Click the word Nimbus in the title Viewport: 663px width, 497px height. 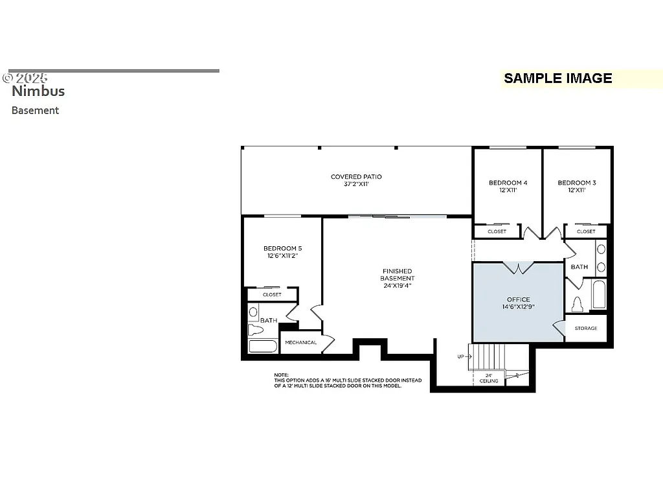pos(38,91)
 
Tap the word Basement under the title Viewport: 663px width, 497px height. pos(35,110)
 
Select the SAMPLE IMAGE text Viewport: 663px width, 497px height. pos(557,78)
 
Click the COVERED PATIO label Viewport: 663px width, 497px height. pos(356,177)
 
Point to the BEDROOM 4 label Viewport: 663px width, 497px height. pos(508,183)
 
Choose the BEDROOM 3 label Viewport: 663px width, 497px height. pos(577,183)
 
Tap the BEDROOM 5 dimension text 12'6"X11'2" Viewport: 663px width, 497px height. pos(282,256)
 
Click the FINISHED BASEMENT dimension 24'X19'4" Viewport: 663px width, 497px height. pos(397,286)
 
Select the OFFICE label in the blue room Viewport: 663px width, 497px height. pos(518,299)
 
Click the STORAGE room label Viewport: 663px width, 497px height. pos(586,329)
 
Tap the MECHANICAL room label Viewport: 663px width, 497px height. pos(301,342)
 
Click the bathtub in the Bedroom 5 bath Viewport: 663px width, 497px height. pos(263,345)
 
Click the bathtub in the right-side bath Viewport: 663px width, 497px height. pos(599,295)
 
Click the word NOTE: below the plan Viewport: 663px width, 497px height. pos(281,375)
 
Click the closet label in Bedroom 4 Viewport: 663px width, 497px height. pos(497,231)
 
